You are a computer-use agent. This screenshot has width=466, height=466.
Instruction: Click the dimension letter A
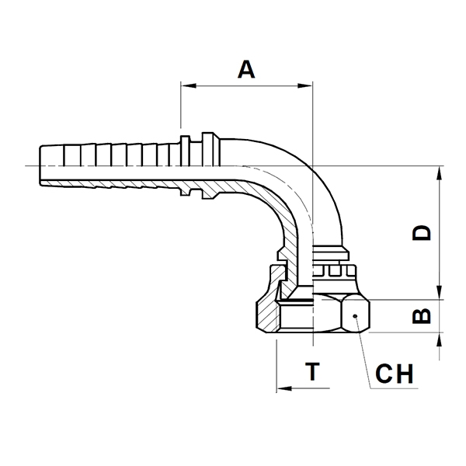tap(246, 69)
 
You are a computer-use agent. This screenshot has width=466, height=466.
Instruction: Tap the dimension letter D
tap(422, 233)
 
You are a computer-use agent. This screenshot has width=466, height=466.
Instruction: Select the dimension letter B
tap(422, 315)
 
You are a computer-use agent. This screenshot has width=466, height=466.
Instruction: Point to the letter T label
tap(312, 371)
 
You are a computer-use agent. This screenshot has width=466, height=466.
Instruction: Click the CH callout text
tap(394, 374)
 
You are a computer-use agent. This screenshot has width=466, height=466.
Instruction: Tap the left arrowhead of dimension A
tap(189, 85)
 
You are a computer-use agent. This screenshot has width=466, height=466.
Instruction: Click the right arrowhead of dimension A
tap(304, 85)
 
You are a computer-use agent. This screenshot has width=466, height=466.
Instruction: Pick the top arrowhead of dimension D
tap(440, 173)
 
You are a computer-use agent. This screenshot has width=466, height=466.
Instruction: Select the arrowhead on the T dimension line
tap(284, 388)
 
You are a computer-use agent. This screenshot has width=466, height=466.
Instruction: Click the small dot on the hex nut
tap(355, 316)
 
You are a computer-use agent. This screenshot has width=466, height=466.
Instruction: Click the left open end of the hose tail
tap(40, 165)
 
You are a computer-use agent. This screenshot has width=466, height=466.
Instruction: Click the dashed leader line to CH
tap(363, 352)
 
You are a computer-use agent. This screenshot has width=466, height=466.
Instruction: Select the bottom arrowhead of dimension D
tap(440, 292)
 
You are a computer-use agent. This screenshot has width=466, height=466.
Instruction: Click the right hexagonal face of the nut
tap(356, 315)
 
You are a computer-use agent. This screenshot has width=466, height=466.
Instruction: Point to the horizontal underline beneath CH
tap(394, 388)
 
